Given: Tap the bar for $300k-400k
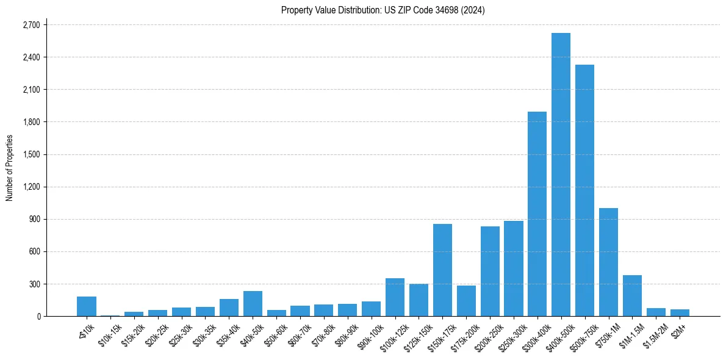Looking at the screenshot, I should [537, 214].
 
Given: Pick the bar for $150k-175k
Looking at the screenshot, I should [442, 270].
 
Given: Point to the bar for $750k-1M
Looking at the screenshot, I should [608, 262].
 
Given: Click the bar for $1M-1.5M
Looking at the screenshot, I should [632, 295].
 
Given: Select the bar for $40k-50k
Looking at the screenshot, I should [253, 303].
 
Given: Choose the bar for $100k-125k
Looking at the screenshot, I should [395, 297].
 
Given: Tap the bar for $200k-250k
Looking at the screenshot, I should [490, 271].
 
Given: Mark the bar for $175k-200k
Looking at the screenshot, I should [466, 301].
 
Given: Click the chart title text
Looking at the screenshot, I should [383, 10].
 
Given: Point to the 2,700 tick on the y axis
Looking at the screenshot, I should [31, 25].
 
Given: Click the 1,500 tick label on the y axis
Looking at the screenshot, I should [31, 154].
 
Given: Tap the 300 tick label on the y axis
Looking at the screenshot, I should [34, 284].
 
